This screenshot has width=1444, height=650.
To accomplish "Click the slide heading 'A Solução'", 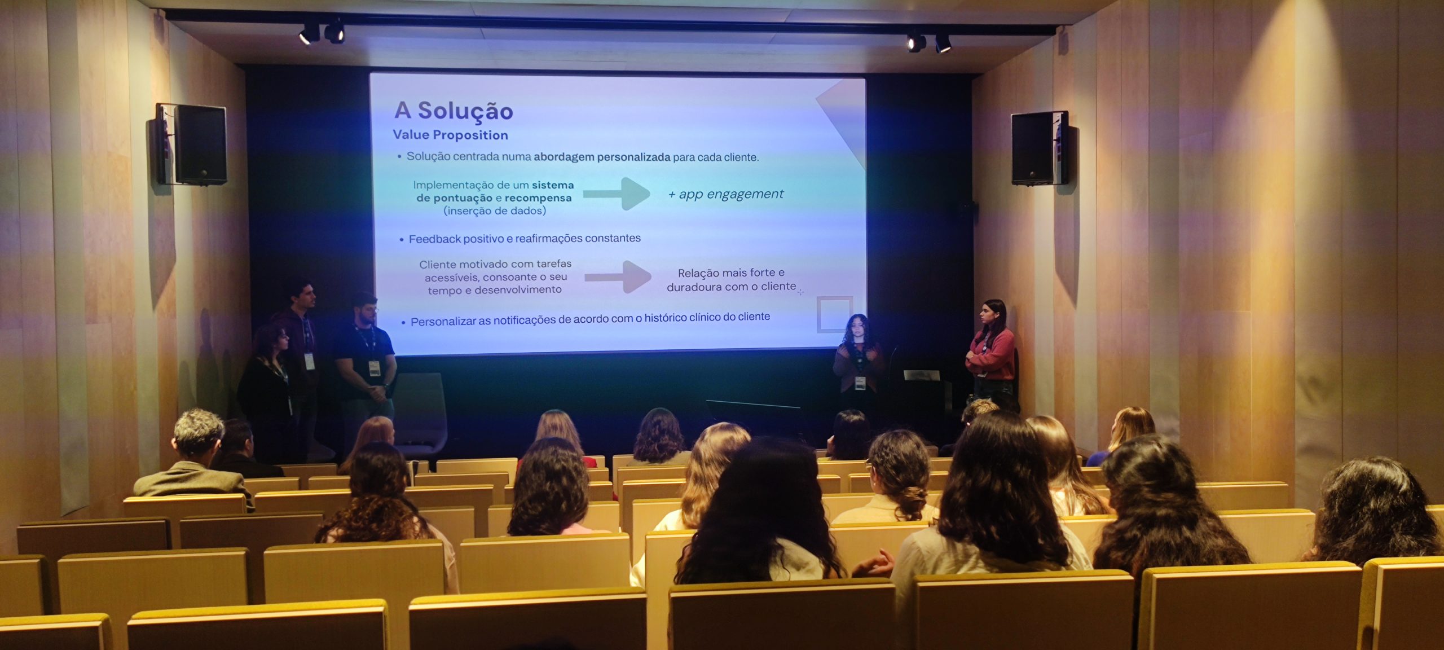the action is coord(454,111).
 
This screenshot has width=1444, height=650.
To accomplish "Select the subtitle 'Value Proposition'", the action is coord(450,135).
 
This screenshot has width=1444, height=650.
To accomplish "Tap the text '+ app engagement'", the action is coord(725,194).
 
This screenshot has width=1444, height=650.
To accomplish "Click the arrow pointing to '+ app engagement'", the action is coord(616,194).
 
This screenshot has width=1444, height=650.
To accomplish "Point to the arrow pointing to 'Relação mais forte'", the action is coord(618,276).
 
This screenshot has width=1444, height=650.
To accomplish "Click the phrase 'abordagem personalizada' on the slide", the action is coord(602,157).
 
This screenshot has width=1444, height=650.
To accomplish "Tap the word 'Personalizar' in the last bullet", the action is coord(443,322).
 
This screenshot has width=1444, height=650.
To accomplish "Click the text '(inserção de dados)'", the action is coord(495,211).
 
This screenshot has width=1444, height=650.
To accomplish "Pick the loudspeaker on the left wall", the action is coord(192,144).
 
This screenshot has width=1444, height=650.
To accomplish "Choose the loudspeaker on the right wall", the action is coord(1039,148).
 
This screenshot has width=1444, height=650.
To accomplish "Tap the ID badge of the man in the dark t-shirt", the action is coord(374,368).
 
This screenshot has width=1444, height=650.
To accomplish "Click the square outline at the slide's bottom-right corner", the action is coord(834,314).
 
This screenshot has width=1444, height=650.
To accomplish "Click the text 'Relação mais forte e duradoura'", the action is coord(731,280).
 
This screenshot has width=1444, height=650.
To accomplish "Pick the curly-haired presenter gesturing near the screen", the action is coord(858,361).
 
